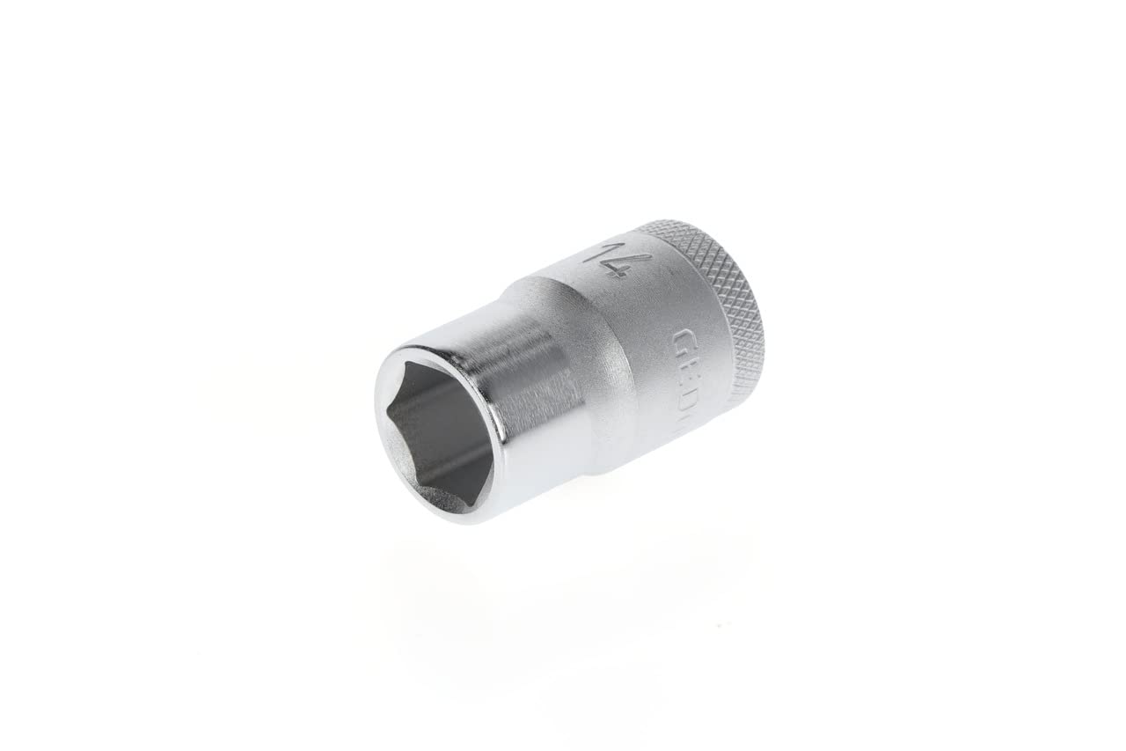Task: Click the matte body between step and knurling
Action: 651,352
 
